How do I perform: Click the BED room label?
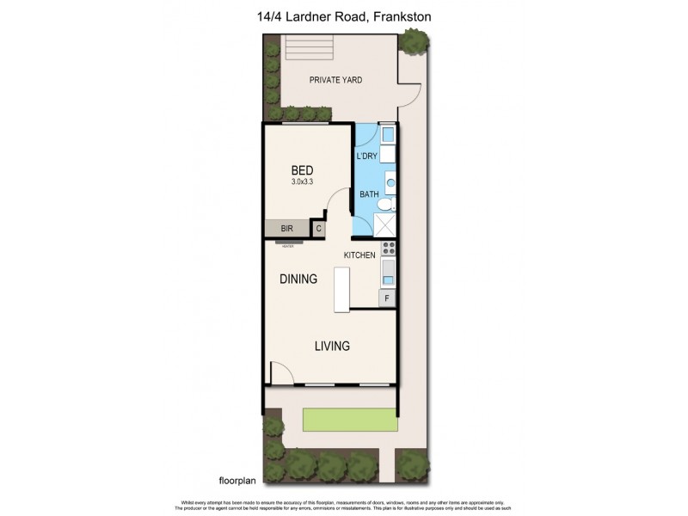(x=302, y=169)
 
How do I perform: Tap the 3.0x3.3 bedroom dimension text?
(x=302, y=182)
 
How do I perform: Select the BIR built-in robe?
(x=286, y=229)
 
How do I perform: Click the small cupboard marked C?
(x=318, y=229)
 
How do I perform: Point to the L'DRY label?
(x=367, y=156)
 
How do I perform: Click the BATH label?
(x=369, y=195)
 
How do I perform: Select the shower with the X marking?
(x=384, y=224)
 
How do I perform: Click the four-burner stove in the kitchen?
(x=388, y=249)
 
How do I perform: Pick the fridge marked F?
(x=387, y=298)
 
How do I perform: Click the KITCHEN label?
(x=359, y=256)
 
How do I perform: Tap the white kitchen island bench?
(x=343, y=290)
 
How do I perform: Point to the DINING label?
(x=298, y=279)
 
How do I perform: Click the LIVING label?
(x=332, y=347)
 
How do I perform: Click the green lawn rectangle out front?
(x=349, y=421)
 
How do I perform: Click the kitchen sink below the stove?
(x=388, y=274)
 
